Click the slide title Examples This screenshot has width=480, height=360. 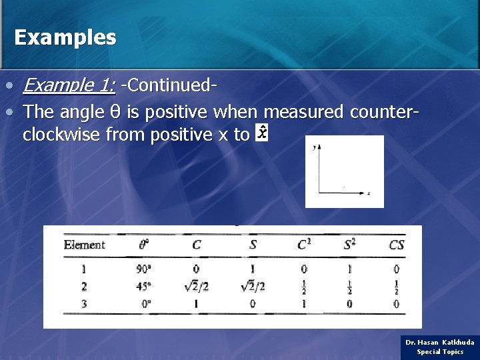(x=65, y=37)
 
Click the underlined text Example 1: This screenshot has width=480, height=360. (x=69, y=85)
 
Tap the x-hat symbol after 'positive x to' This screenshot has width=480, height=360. (x=262, y=133)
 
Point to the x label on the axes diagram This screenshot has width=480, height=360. (x=369, y=193)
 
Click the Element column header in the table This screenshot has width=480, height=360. (x=84, y=245)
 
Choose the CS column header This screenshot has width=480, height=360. (x=397, y=245)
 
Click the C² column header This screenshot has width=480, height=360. (x=304, y=245)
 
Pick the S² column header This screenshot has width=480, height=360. (x=350, y=245)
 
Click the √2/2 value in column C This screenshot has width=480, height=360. (x=197, y=287)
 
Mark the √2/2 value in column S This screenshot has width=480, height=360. (x=253, y=287)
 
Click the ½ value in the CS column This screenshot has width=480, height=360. (x=397, y=287)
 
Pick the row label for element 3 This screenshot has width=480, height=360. (x=84, y=303)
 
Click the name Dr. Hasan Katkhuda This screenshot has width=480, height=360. (x=440, y=342)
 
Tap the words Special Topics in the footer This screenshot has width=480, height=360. (x=440, y=351)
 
